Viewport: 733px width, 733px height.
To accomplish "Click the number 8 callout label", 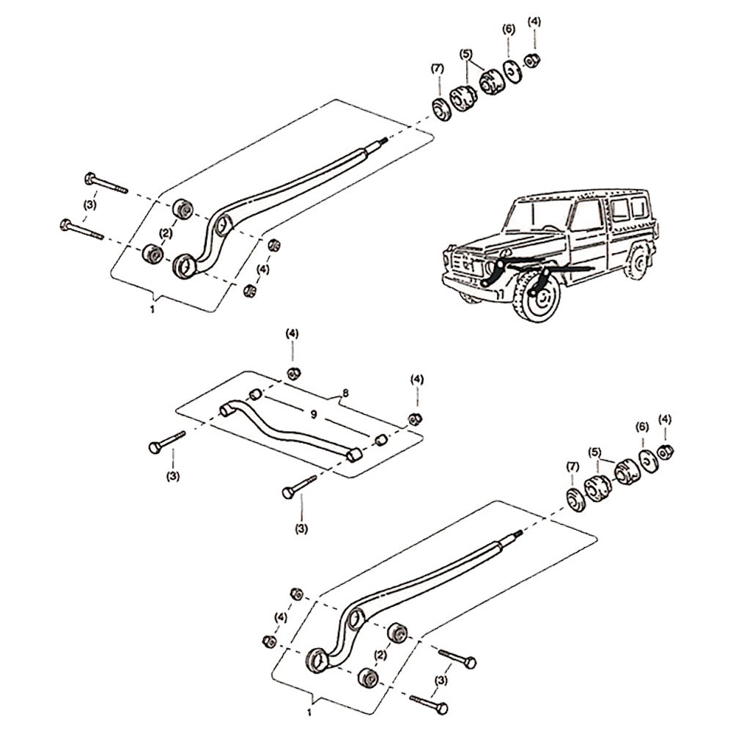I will coord(345,393).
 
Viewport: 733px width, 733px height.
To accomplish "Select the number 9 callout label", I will coord(313,414).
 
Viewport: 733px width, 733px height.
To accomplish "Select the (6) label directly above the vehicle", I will coord(509,29).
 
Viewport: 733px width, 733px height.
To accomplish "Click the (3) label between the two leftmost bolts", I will coord(89,205).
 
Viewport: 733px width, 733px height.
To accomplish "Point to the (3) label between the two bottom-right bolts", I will coord(441,681).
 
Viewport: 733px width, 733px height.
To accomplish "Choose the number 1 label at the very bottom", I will coord(309,712).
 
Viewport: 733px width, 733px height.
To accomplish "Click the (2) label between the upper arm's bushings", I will coord(166,233).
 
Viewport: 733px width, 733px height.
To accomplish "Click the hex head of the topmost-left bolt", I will coord(91,178).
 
